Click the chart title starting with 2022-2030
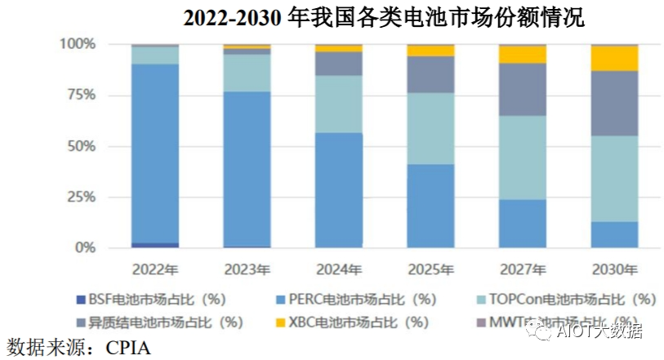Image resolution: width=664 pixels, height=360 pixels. pos(383,17)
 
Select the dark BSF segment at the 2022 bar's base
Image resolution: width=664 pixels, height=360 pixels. pos(155,245)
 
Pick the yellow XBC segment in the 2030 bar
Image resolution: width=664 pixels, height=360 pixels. pos(615,59)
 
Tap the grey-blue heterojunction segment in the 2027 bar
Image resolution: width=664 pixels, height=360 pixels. pos(523,90)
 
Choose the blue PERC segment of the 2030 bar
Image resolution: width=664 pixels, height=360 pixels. pos(615,234)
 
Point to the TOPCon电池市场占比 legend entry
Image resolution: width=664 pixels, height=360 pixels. pos(575,300)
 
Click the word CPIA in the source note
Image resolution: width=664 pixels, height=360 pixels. pos(128,347)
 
